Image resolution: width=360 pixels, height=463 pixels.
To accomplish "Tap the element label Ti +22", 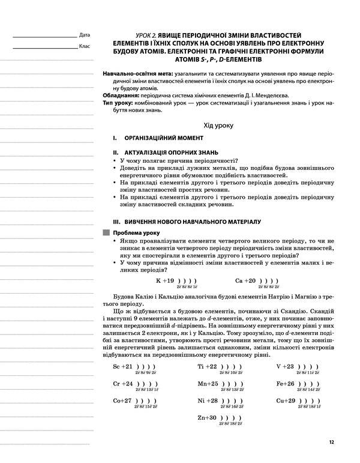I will (x=207, y=366).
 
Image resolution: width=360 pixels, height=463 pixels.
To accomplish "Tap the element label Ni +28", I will (x=207, y=400).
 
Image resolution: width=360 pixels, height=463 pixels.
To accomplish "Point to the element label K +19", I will (x=165, y=280).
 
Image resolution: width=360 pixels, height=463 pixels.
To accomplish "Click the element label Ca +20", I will (x=245, y=280).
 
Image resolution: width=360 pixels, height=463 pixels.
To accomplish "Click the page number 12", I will (x=331, y=443).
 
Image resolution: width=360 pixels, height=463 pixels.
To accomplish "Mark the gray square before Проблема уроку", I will (x=107, y=232).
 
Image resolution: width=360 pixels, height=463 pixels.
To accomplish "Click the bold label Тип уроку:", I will (x=121, y=103).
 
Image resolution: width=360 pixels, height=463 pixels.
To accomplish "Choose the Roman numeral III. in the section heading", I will (x=108, y=221).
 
